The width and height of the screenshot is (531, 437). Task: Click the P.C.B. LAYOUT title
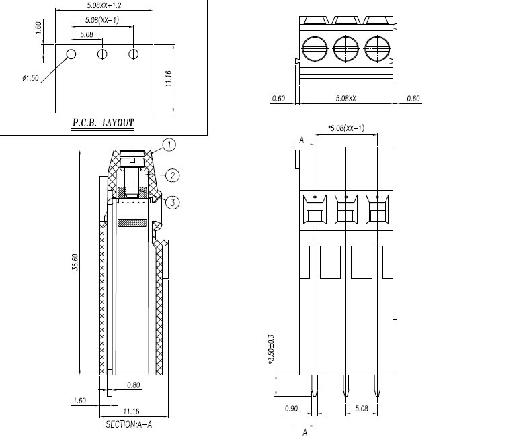tap(103, 122)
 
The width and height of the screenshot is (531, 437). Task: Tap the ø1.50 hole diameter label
tap(30, 78)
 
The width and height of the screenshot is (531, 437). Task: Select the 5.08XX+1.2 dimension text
tap(104, 5)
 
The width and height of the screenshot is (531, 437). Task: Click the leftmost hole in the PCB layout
tap(71, 54)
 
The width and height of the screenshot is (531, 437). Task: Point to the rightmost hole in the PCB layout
tap(134, 54)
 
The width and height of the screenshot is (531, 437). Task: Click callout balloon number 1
tap(169, 145)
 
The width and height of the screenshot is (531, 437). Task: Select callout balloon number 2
tap(173, 175)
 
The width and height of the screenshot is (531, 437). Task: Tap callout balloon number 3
tap(173, 203)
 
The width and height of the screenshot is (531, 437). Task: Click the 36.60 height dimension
tap(75, 262)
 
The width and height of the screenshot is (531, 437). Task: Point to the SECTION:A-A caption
tap(128, 424)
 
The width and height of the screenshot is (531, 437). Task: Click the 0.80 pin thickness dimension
tap(134, 385)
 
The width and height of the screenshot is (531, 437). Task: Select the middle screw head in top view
tap(345, 49)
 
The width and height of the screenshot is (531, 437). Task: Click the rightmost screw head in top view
tap(377, 49)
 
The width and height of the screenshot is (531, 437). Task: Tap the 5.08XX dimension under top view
tap(345, 99)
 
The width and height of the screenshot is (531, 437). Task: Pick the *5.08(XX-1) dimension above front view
tap(345, 128)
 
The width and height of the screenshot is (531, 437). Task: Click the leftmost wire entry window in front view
tap(315, 209)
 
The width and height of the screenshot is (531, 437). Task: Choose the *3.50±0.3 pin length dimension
tap(271, 349)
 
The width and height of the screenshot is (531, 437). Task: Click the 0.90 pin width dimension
tap(291, 409)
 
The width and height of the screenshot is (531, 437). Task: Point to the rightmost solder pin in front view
tap(377, 385)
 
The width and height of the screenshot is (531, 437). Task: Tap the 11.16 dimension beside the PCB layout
tap(168, 78)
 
